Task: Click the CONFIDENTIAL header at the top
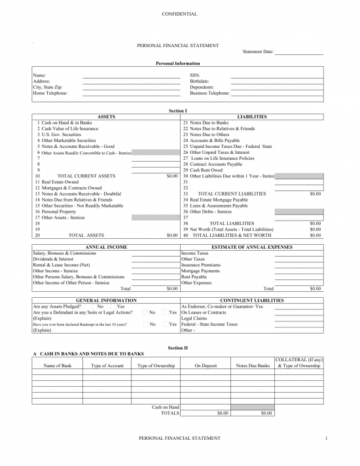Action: (x=179, y=14)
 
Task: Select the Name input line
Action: (x=131, y=76)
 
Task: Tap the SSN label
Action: (x=194, y=76)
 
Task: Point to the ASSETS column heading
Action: (x=107, y=116)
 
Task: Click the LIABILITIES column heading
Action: (x=252, y=116)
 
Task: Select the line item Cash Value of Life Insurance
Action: (x=69, y=128)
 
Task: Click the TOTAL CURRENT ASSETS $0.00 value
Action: (x=172, y=176)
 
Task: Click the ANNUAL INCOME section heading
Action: (x=105, y=247)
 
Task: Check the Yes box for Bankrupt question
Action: (x=166, y=324)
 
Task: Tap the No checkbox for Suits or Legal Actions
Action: (x=145, y=312)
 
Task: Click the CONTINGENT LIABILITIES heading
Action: (x=252, y=300)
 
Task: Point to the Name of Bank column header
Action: (x=58, y=365)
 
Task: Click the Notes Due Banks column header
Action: (x=253, y=365)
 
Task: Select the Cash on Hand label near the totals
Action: (x=165, y=407)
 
